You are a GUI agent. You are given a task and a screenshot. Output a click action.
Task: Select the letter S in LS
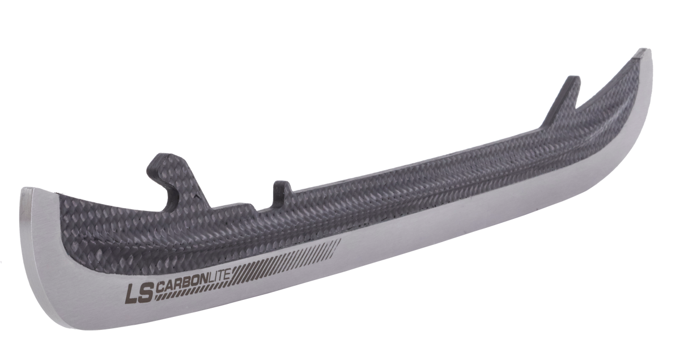coord(146,293)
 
